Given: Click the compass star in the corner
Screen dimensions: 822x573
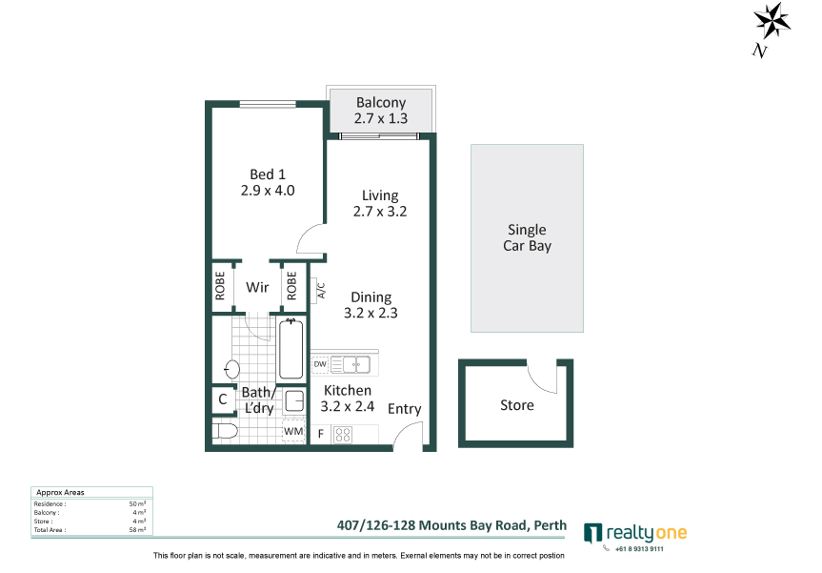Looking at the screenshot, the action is [772, 21].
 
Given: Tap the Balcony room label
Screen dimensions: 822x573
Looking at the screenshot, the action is [381, 102].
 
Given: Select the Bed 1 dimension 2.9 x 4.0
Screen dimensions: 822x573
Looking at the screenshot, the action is [268, 191].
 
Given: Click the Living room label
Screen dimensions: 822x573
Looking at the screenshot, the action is [380, 195].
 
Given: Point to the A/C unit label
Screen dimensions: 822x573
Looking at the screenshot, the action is [321, 291].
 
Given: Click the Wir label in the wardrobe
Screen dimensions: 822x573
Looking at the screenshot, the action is [257, 287].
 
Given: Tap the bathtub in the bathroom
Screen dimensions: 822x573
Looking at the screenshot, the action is [291, 349].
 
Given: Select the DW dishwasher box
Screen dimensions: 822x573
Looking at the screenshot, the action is [320, 364].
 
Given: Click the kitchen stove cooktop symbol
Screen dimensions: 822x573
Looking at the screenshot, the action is [343, 435].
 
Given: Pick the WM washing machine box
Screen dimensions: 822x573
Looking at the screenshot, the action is [293, 431].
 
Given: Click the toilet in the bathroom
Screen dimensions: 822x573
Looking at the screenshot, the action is [225, 431].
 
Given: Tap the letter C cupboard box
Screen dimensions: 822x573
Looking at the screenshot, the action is [223, 399].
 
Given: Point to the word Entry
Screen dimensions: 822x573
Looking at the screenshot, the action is [404, 409].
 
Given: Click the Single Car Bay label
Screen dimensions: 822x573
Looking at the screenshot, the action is [527, 237].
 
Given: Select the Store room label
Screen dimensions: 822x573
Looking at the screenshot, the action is [517, 405].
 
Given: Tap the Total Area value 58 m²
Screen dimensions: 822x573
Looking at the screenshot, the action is [137, 530].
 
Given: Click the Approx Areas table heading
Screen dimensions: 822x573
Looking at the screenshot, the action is [60, 492].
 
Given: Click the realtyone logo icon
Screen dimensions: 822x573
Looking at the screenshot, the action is [592, 533].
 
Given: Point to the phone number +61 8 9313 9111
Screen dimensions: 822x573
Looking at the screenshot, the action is [639, 549].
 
